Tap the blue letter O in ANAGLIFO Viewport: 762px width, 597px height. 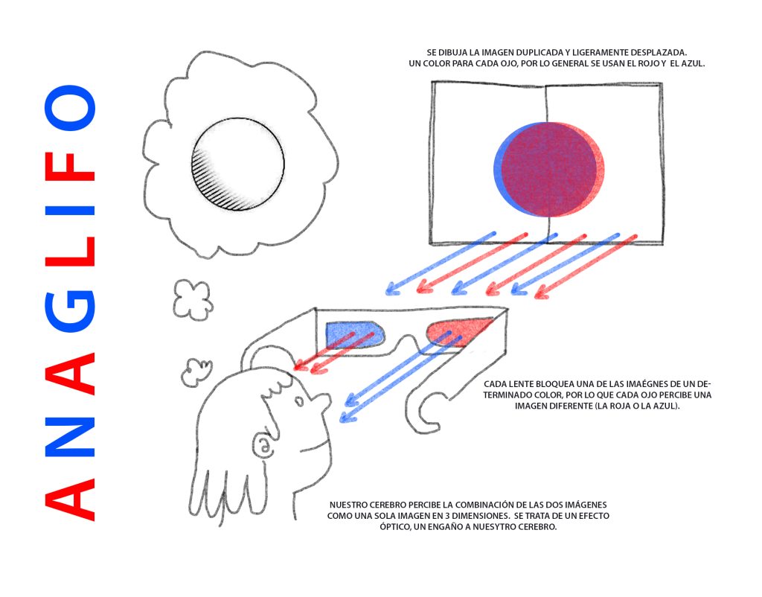click(70, 108)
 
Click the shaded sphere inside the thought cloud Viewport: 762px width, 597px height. click(237, 165)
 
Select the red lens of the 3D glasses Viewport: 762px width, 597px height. click(457, 332)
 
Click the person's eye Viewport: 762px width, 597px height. click(299, 401)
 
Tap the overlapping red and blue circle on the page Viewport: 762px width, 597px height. click(549, 169)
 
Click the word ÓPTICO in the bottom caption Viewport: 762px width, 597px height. click(395, 526)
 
